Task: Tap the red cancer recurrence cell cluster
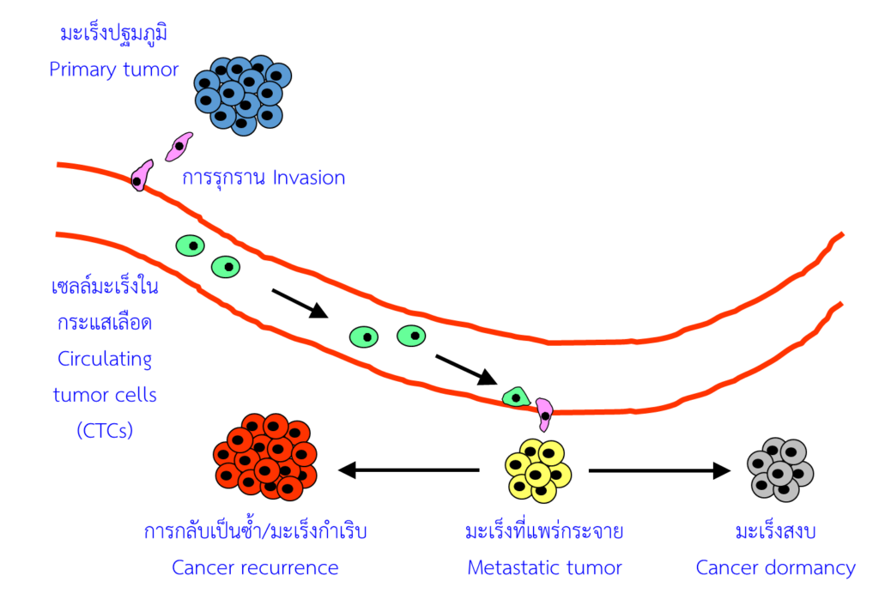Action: (x=266, y=457)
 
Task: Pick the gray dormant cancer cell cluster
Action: (x=780, y=470)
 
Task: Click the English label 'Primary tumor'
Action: (x=113, y=70)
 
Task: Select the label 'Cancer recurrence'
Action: (x=255, y=567)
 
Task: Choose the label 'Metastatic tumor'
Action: (x=544, y=567)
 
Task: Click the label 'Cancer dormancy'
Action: (x=775, y=567)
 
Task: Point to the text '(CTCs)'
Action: (x=105, y=430)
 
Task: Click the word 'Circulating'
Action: (x=105, y=358)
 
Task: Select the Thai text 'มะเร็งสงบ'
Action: (x=775, y=532)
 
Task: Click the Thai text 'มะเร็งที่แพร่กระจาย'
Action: (x=544, y=532)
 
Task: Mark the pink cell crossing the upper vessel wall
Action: (x=142, y=174)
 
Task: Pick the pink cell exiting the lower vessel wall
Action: (x=544, y=413)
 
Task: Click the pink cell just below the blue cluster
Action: (x=179, y=146)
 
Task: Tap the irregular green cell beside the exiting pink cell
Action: (x=516, y=396)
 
